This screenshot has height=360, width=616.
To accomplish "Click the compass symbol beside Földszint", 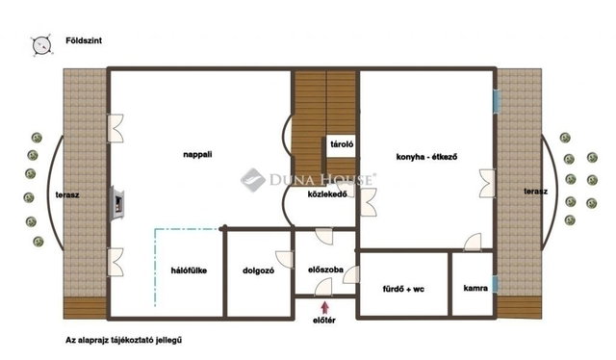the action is tap(42, 45).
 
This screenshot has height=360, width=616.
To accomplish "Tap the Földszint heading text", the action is tap(84, 40).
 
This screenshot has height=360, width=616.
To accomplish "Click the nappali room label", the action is tap(197, 154).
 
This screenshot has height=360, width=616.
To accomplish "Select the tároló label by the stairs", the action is tap(342, 144).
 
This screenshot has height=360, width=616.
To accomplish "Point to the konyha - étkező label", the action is tap(426, 157).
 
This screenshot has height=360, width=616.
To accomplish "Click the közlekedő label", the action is tap(327, 193).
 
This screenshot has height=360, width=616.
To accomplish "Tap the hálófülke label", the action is tap(189, 270).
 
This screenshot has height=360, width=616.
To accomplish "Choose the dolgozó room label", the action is tap(259, 270).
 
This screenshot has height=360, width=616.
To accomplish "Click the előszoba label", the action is tap(325, 270).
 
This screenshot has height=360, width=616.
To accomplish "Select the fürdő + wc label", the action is tap(403, 290).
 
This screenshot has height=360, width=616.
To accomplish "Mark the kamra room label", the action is tap(475, 288).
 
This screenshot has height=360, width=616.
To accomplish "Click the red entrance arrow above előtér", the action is tap(325, 307).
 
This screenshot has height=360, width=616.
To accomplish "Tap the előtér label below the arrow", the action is tap(324, 321).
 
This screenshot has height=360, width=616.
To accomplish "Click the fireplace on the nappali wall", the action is tap(117, 203).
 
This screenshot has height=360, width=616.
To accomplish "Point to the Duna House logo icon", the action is tap(252, 180).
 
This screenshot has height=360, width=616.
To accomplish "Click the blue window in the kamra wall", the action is tap(495, 284).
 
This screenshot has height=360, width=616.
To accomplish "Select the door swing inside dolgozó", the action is tap(285, 259).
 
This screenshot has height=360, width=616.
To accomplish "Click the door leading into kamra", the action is tap(473, 243).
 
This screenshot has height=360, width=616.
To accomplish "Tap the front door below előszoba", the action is tap(323, 287).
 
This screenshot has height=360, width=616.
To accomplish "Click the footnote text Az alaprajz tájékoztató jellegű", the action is tap(124, 341).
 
